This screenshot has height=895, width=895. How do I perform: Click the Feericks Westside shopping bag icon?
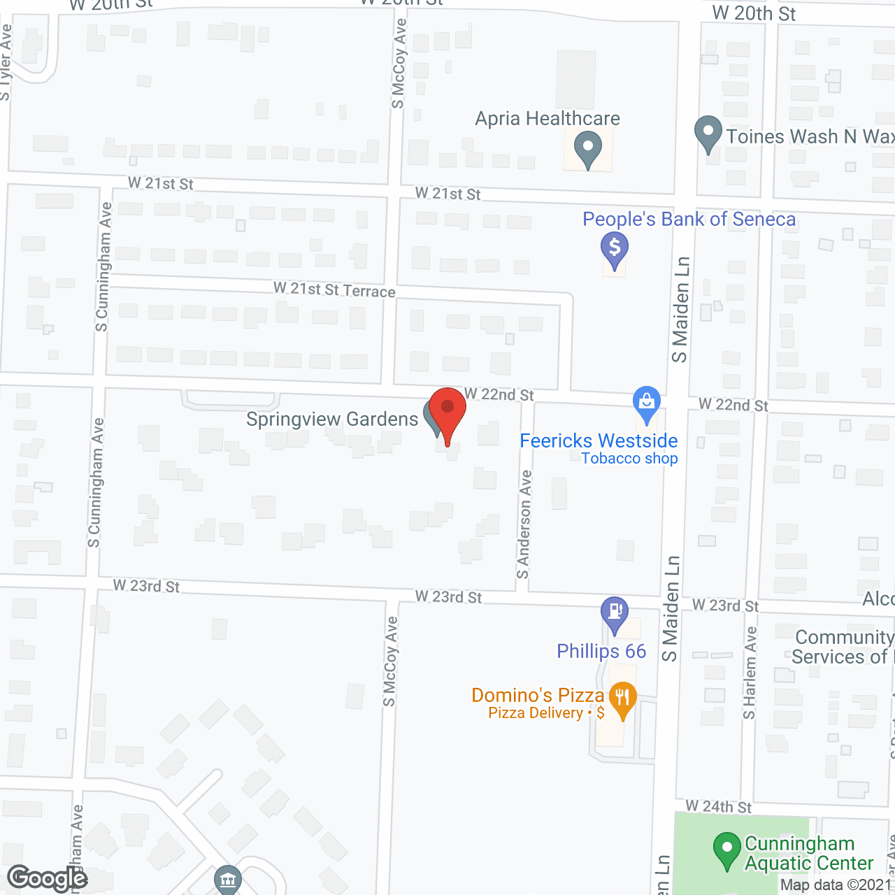pos(647,403)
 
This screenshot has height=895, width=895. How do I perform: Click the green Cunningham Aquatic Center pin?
pos(727,850)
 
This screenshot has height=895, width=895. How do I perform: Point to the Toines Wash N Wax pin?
pos(708,133)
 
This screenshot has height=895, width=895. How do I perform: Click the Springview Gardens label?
pos(332,420)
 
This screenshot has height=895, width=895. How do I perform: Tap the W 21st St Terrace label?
pos(334,289)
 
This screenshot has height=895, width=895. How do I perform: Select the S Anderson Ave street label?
pos(524,524)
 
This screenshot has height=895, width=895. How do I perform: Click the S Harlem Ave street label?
pos(750,673)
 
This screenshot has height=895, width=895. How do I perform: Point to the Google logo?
pos(48,878)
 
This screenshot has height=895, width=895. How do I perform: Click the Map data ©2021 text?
pos(836,885)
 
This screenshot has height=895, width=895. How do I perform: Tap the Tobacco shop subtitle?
pos(629,459)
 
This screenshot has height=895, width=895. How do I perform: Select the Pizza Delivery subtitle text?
pos(536,713)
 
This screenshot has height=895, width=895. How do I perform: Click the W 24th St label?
pos(718,807)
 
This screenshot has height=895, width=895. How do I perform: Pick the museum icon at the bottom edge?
pos(228,880)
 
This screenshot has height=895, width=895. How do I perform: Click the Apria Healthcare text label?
pos(547,119)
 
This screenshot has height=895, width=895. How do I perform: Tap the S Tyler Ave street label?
pos(6,63)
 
